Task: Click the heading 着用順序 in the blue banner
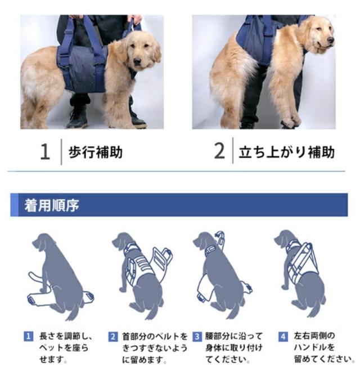click(52, 205)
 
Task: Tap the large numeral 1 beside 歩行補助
click(45, 151)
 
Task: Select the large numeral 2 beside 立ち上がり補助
click(219, 151)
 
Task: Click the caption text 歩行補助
click(96, 152)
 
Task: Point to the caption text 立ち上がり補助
click(287, 152)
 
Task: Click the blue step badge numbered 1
click(28, 336)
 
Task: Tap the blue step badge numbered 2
click(113, 337)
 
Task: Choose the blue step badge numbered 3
click(197, 337)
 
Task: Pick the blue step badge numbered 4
click(283, 337)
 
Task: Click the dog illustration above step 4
click(300, 274)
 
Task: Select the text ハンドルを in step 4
click(314, 347)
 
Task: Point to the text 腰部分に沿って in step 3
click(234, 336)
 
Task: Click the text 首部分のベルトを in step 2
click(155, 337)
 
